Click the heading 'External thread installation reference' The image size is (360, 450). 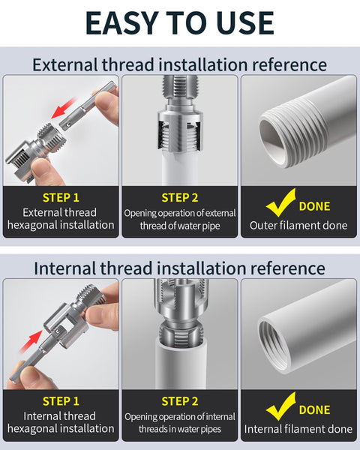click(179, 64)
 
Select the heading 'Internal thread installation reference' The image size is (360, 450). click(179, 268)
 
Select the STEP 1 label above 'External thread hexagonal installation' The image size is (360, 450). click(61, 198)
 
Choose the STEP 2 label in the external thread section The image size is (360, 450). click(179, 198)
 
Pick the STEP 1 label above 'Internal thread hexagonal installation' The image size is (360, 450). click(61, 401)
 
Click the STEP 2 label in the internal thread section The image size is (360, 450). click(179, 401)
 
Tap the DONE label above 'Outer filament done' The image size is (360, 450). click(314, 206)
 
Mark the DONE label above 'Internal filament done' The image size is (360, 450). click(314, 410)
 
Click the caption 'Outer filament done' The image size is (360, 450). click(298, 225)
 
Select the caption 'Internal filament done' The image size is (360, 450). click(298, 429)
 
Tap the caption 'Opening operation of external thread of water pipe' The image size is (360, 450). click(179, 219)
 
